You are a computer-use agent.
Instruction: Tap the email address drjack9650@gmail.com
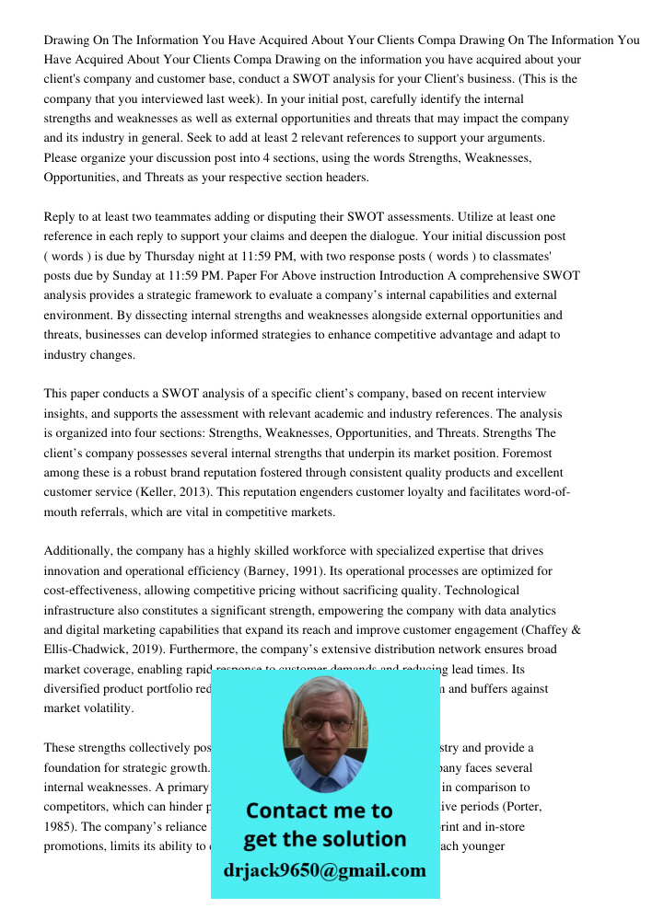[324, 869]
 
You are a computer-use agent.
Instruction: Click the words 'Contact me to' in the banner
[319, 811]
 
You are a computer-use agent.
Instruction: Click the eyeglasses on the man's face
[325, 723]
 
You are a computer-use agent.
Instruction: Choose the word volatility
[107, 708]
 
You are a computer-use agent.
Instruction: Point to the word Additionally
[78, 551]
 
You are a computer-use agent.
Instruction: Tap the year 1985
[59, 826]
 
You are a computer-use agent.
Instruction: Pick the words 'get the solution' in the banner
[324, 839]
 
